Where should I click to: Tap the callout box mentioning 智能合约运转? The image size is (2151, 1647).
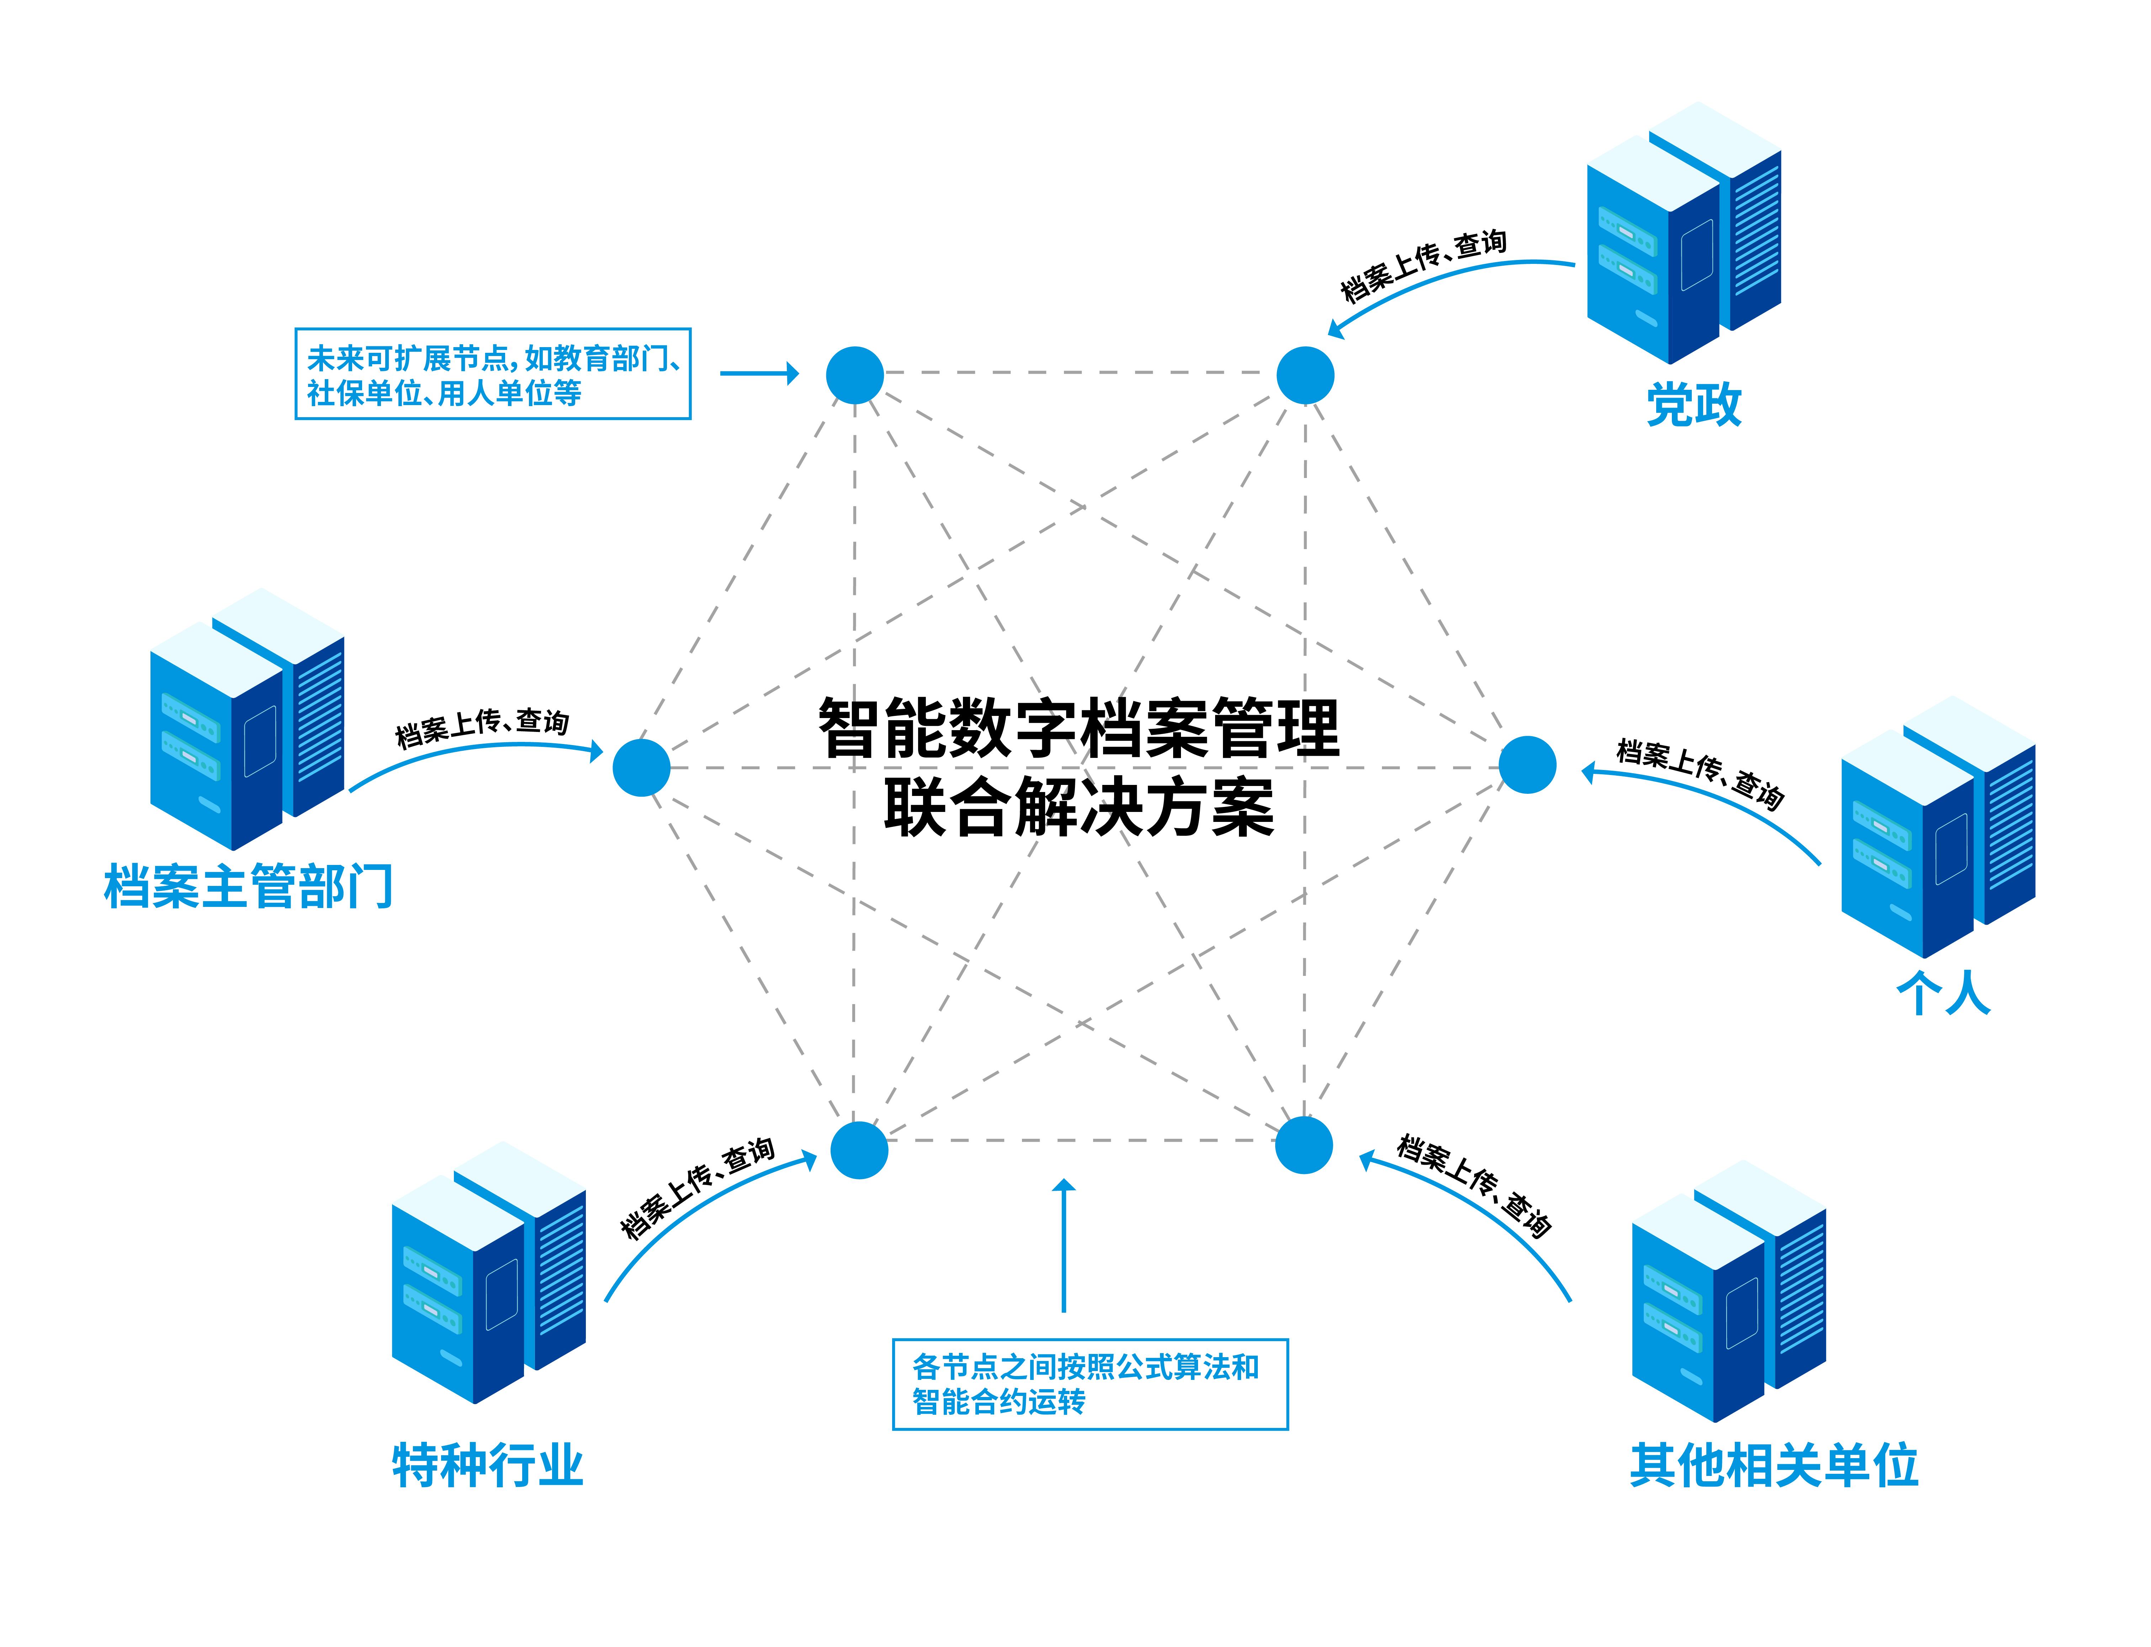[1089, 1383]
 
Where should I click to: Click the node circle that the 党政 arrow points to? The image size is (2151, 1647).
[1305, 376]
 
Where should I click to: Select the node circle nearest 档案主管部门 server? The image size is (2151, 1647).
[641, 767]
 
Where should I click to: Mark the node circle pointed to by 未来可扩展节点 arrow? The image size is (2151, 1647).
[855, 376]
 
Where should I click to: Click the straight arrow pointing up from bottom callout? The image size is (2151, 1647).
[1064, 1245]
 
